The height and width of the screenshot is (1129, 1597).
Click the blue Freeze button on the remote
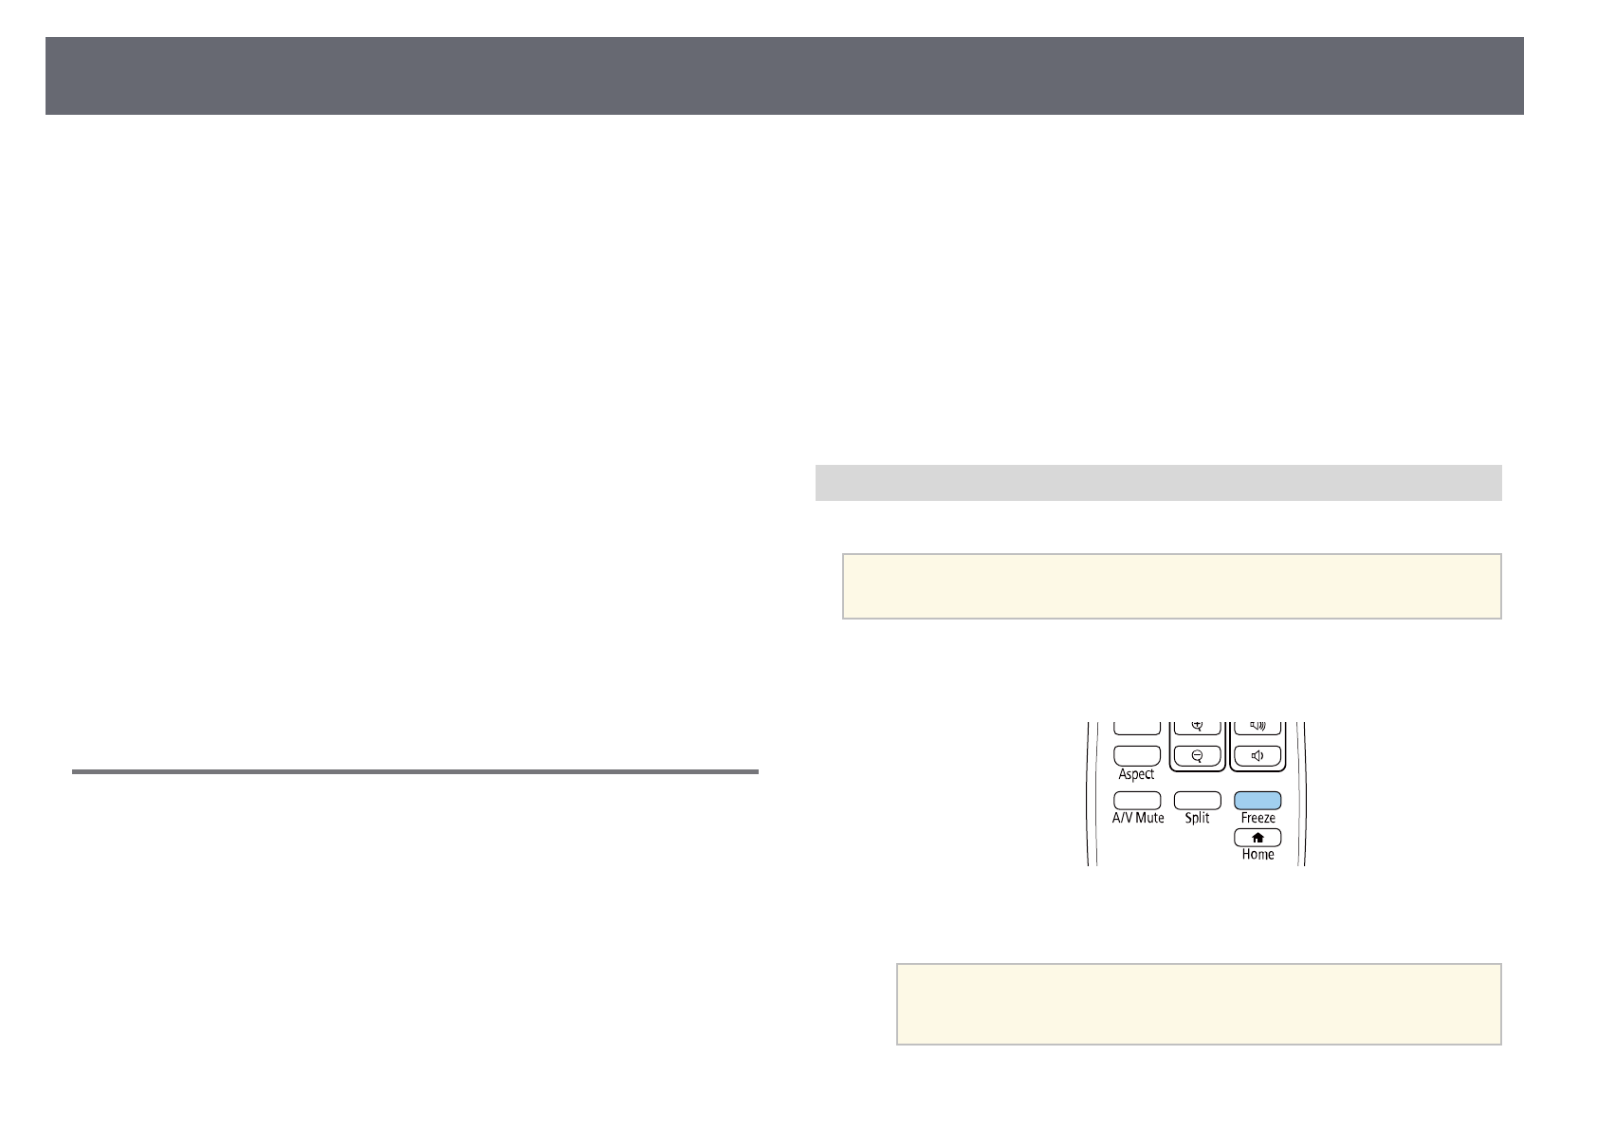pos(1257,800)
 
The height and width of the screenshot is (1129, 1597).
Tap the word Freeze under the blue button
pos(1257,818)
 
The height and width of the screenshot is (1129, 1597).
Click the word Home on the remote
pos(1257,854)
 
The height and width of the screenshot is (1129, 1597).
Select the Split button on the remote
pos(1197,800)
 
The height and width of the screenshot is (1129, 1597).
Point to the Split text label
pos(1197,818)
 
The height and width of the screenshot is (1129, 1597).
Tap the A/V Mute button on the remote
pos(1137,800)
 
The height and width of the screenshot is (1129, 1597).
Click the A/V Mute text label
pos(1138,818)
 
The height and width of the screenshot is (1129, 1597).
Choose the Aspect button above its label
pos(1137,755)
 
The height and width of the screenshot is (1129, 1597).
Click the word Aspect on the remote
pos(1136,774)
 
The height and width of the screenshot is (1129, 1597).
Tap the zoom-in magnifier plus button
pos(1198,727)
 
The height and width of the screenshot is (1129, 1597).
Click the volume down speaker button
pos(1257,756)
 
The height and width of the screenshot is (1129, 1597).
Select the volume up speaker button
pos(1257,727)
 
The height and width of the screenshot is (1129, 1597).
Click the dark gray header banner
pos(784,76)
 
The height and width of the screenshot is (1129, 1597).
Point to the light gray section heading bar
pos(1158,482)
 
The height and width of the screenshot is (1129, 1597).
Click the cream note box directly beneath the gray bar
pos(1171,586)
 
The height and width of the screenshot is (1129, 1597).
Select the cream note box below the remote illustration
pos(1198,1004)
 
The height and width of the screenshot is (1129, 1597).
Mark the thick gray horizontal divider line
pos(414,772)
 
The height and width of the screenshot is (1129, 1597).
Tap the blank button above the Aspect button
pos(1137,728)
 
